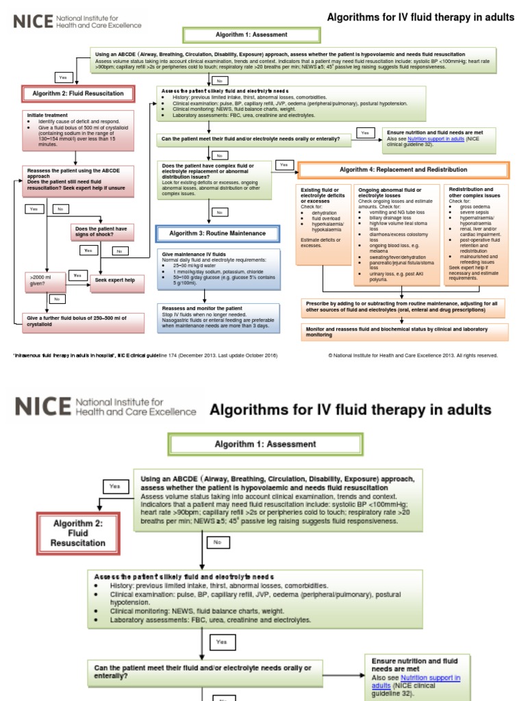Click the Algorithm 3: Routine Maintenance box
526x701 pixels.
218,233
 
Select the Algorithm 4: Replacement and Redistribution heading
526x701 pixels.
403,170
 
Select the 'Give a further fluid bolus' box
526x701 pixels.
79,320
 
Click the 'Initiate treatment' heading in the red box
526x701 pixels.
48,114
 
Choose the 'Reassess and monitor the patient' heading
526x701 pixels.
199,308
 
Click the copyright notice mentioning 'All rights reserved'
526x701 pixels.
413,355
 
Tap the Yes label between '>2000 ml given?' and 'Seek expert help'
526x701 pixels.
77,275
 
